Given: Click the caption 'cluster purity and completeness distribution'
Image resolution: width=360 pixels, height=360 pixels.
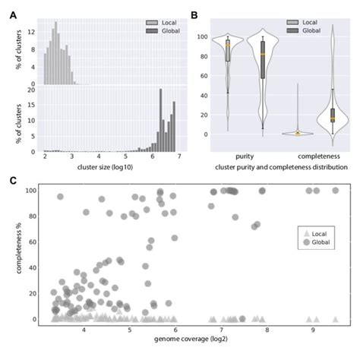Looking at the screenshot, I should (278, 166).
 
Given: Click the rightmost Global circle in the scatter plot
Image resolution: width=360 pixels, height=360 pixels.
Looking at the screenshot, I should (335, 191).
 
